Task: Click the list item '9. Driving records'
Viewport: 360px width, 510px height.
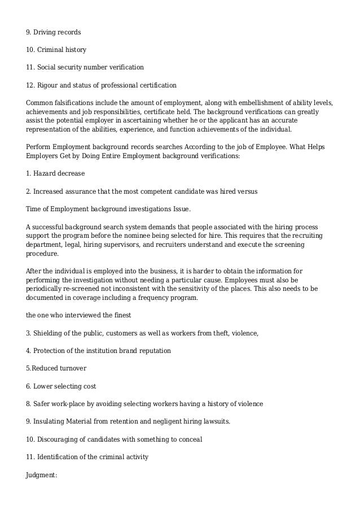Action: (x=53, y=32)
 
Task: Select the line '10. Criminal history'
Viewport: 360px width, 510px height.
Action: (x=56, y=50)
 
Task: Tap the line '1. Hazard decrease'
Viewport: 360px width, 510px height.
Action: (x=55, y=173)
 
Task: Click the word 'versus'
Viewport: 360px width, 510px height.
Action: (x=247, y=191)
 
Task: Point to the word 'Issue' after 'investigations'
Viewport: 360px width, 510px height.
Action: (x=180, y=209)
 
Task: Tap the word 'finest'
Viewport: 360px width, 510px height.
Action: (x=122, y=316)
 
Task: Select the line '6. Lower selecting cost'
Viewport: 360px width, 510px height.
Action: (x=61, y=386)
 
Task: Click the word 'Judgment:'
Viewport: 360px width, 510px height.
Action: (x=42, y=475)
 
